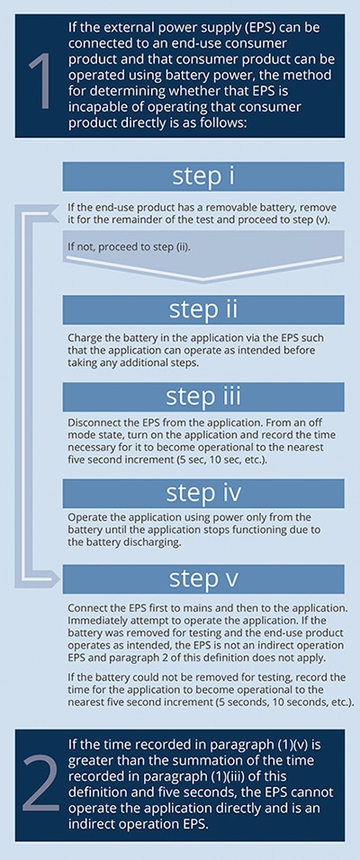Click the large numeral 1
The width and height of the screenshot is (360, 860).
[x=40, y=82]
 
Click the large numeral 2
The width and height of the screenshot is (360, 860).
[x=40, y=784]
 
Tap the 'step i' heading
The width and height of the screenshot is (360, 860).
[x=203, y=175]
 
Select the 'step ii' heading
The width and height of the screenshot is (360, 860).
[x=203, y=309]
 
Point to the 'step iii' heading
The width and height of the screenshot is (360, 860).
[x=203, y=395]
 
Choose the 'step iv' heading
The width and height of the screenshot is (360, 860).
[x=203, y=493]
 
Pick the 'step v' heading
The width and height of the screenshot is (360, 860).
[x=203, y=578]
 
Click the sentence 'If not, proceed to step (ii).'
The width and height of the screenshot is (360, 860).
[x=129, y=246]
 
